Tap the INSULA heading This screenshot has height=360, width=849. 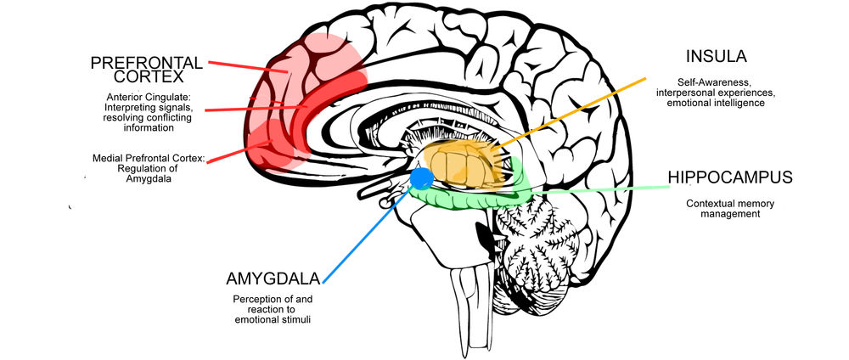(717, 58)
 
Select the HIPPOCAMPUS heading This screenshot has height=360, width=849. (730, 177)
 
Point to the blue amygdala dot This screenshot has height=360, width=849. (422, 178)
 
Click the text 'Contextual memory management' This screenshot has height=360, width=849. (723, 209)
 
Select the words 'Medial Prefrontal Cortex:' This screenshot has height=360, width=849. (149, 158)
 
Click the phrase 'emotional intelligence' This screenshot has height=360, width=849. (717, 103)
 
